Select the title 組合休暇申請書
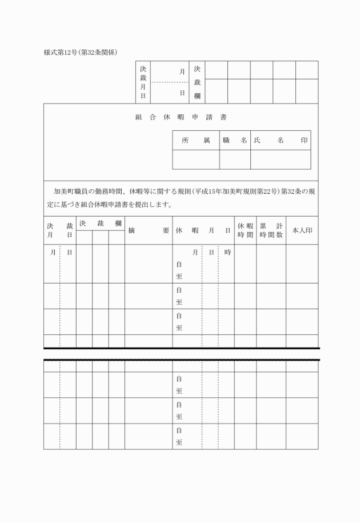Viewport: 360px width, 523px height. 181,117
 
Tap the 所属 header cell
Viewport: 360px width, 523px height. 196,140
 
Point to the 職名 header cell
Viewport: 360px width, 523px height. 235,140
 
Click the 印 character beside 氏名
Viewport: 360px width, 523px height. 305,140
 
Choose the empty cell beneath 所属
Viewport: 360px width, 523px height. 196,159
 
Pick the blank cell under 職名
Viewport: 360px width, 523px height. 235,159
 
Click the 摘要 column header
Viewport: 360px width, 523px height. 149,230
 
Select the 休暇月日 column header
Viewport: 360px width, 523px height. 203,230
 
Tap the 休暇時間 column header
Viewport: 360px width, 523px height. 245,230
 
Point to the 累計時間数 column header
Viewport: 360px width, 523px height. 271,230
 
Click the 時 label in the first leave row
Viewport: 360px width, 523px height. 227,252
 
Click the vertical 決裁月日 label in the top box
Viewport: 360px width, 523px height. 143,82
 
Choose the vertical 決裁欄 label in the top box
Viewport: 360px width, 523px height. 197,82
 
